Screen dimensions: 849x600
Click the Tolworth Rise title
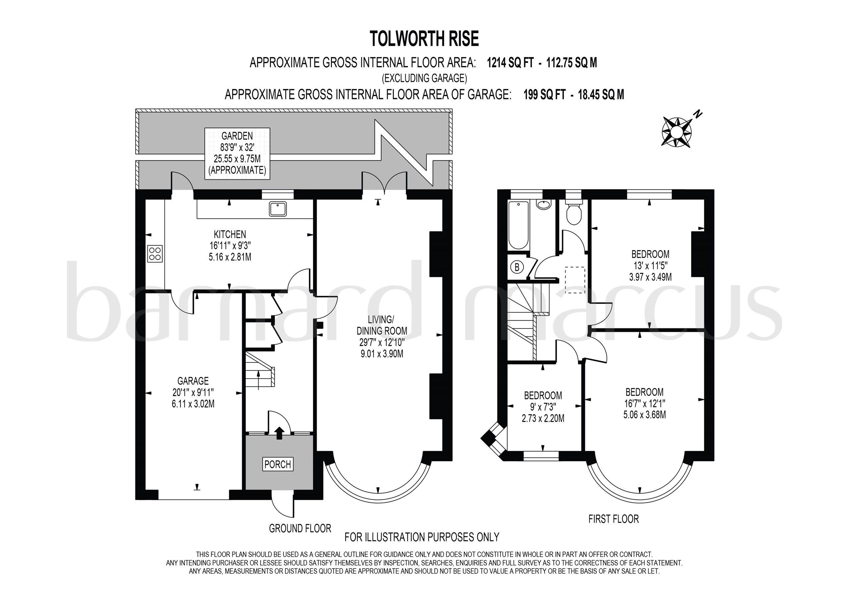tap(424, 39)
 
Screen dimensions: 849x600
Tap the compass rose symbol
tap(676, 132)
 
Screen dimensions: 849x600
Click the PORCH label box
tap(278, 464)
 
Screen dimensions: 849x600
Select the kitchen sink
tap(277, 209)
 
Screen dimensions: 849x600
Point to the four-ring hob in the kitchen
tap(155, 254)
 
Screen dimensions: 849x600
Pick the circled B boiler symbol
tap(517, 267)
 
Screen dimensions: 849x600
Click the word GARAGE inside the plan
tap(193, 381)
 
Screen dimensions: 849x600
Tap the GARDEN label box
tap(237, 153)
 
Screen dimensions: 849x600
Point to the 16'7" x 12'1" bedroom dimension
tap(644, 404)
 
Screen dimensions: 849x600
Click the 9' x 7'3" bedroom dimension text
tap(543, 407)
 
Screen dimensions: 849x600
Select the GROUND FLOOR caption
tap(300, 529)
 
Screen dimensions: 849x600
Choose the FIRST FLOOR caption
tap(614, 519)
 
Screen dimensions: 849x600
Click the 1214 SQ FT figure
tap(510, 63)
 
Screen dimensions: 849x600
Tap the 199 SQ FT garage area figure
tap(544, 95)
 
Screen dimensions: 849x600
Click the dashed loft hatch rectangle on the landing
tap(575, 280)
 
